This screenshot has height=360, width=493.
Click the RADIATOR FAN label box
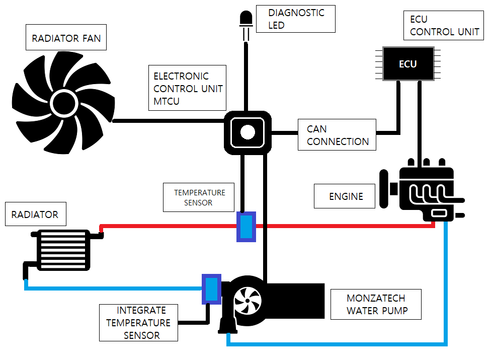coord(66,37)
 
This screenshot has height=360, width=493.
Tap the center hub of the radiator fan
coord(64,103)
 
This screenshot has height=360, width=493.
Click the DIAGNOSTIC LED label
coord(296,19)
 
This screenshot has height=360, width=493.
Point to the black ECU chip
coord(408,64)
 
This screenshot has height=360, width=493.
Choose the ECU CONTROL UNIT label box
coord(444,26)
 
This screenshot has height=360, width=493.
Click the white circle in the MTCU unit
coord(248,132)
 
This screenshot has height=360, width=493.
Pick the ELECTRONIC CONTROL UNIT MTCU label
coord(187,88)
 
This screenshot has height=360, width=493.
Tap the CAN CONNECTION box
coord(337,135)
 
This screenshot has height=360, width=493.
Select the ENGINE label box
coord(345,196)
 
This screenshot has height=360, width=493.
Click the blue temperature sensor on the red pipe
coord(246,227)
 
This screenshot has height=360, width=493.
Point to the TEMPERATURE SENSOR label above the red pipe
coord(199,197)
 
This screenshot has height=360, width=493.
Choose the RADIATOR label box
coord(36,214)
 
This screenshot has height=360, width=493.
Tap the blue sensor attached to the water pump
coord(211,289)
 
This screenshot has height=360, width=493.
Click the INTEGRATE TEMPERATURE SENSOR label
coord(139,323)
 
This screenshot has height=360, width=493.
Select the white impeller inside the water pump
coord(248,301)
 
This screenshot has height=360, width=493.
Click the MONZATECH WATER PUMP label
coord(376,304)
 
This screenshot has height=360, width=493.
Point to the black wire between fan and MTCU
coord(169,121)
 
